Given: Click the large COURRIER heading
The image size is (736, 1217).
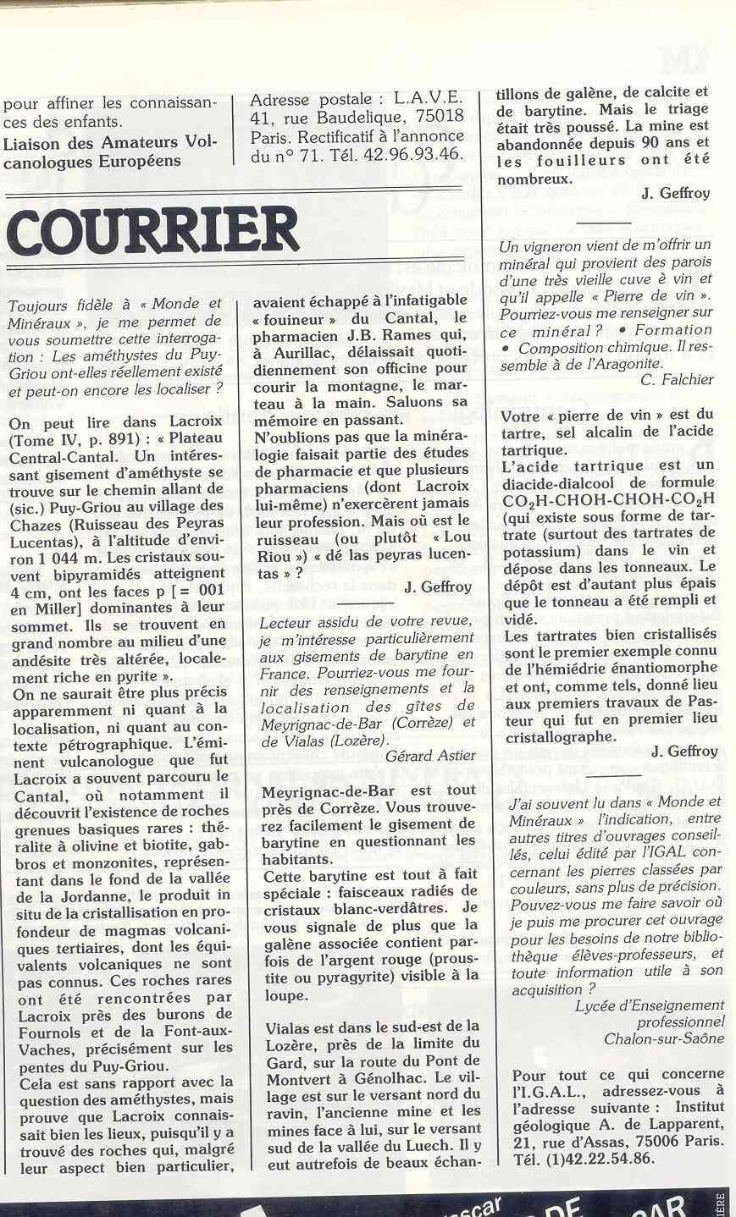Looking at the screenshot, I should [x=152, y=230].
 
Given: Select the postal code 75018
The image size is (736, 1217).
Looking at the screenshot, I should [x=434, y=117].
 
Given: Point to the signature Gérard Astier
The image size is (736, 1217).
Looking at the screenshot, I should [x=430, y=755].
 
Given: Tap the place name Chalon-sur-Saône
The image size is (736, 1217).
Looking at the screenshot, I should [x=665, y=1038].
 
